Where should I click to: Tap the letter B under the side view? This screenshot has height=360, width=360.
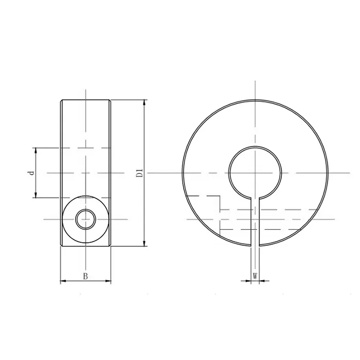click(x=85, y=276)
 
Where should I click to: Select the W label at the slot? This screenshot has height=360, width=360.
click(x=255, y=276)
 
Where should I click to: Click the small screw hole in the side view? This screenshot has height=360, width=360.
click(x=86, y=219)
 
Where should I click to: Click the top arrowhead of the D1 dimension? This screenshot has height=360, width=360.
click(x=144, y=103)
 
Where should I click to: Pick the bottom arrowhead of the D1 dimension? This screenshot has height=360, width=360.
click(x=144, y=243)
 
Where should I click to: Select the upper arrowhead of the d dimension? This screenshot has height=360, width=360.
click(x=35, y=151)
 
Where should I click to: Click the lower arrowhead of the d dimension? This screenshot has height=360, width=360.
click(x=35, y=195)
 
